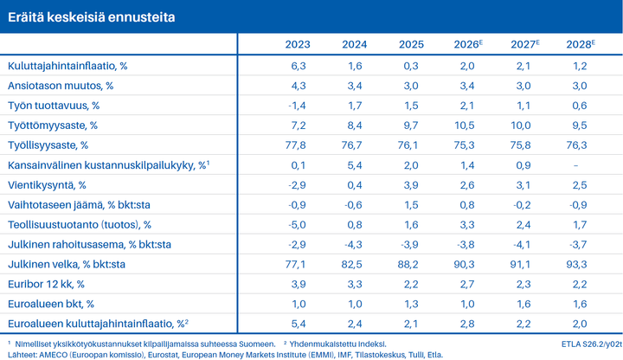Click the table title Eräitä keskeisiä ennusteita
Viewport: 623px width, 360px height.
(x=92, y=17)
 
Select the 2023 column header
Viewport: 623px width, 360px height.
(x=298, y=44)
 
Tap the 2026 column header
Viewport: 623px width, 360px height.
(x=468, y=44)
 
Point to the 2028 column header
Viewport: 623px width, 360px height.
(x=581, y=44)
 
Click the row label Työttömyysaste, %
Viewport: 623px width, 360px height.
(x=53, y=125)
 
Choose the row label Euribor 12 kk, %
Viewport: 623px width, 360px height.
(x=46, y=284)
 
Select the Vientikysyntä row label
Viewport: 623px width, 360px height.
(x=47, y=185)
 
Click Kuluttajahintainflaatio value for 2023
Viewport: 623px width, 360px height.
(x=299, y=66)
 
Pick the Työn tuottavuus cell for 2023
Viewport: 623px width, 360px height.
(x=297, y=106)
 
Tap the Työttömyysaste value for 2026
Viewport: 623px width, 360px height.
(x=465, y=125)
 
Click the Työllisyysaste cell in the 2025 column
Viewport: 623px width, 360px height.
(x=408, y=145)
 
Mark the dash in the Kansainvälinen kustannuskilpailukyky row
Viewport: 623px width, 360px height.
(x=575, y=165)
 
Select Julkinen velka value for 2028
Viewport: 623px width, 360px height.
(x=576, y=264)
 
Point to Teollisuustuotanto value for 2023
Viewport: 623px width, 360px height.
(x=297, y=224)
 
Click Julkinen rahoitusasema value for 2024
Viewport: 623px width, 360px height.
(x=353, y=244)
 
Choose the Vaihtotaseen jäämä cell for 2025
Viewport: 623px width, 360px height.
(x=411, y=204)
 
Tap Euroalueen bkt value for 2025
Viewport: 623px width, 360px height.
(x=411, y=304)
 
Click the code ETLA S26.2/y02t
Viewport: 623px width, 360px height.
(x=592, y=344)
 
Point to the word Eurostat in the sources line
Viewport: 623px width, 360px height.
(x=163, y=355)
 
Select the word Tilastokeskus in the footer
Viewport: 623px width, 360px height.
(x=380, y=355)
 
